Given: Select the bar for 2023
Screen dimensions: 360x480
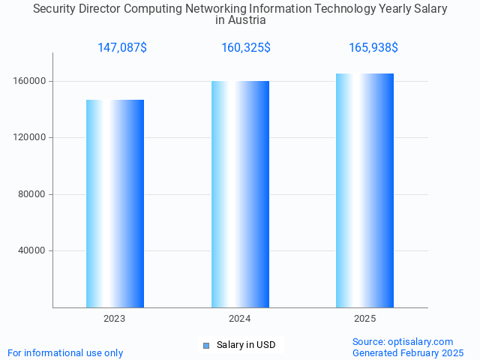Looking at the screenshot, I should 115,203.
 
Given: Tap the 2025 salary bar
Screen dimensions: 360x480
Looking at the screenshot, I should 364,190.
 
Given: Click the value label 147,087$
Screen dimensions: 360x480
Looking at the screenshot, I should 122,48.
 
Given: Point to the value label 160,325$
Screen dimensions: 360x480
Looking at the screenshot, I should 246,48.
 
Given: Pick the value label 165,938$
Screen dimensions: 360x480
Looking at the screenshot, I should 373,48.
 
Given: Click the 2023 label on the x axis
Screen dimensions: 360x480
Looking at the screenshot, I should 115,319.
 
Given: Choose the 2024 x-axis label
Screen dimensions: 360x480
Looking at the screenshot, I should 240,319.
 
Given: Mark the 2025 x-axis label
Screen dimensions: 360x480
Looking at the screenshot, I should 365,319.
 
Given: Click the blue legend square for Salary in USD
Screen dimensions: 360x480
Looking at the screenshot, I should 206,345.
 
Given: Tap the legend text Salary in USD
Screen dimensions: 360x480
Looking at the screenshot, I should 246,345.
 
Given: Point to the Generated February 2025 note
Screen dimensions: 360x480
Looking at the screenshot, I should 408,352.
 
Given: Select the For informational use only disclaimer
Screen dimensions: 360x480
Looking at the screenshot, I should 65,352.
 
